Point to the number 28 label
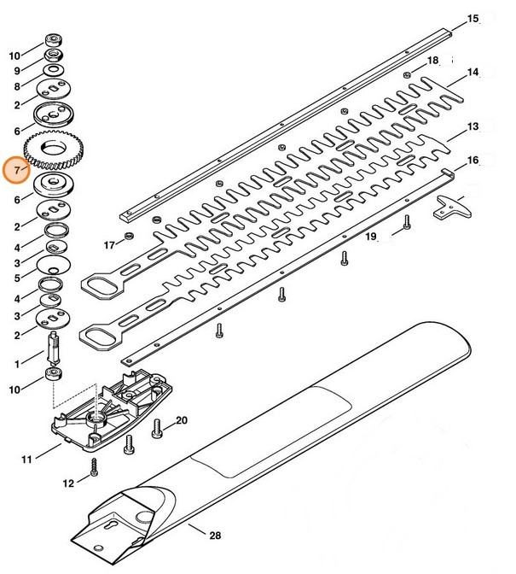[x=214, y=536]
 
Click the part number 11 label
[x=26, y=460]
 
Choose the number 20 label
[x=181, y=420]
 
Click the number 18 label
[x=432, y=60]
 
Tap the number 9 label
[x=14, y=71]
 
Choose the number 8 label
[x=14, y=86]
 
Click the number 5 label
[x=14, y=278]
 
